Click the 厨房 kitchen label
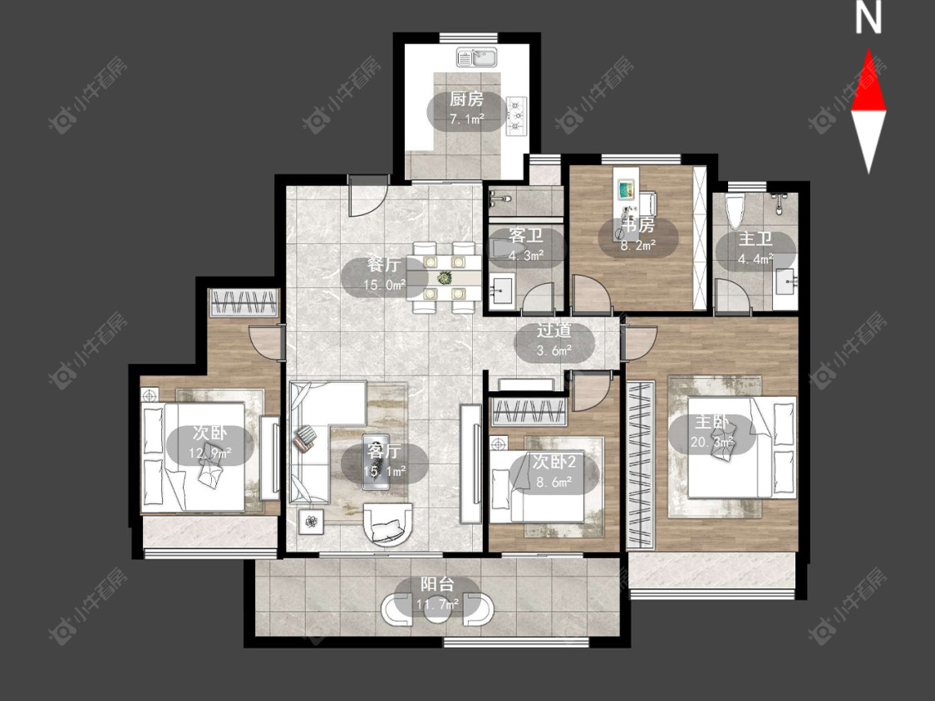tap(466, 99)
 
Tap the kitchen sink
tap(478, 58)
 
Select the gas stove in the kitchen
tap(516, 115)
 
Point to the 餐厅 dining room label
tap(383, 265)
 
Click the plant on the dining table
tap(445, 277)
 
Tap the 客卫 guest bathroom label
tap(526, 236)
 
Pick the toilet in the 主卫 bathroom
tap(734, 211)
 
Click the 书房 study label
tap(638, 225)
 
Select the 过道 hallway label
tap(554, 331)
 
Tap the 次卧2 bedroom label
tap(554, 462)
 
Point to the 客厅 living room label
tap(384, 451)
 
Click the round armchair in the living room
tap(387, 524)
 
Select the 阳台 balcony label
tap(437, 584)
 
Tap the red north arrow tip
tap(869, 49)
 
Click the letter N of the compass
tap(869, 17)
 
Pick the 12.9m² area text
tap(210, 453)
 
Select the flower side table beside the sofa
tap(311, 522)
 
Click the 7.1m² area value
tap(466, 120)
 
